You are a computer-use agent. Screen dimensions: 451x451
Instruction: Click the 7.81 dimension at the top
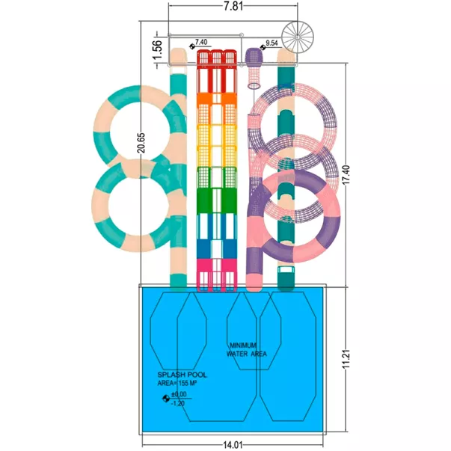[x=233, y=6]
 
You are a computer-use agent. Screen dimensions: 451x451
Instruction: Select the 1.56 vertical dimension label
[x=158, y=50]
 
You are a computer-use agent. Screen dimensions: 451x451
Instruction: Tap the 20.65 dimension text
[x=141, y=143]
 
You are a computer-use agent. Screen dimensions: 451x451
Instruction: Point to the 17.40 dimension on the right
[x=346, y=174]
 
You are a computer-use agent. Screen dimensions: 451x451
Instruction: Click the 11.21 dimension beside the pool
[x=346, y=359]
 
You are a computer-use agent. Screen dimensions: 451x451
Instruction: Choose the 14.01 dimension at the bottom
[x=233, y=445]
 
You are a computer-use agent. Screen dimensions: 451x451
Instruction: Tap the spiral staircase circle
[x=298, y=37]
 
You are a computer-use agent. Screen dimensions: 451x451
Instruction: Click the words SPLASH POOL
[x=182, y=375]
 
